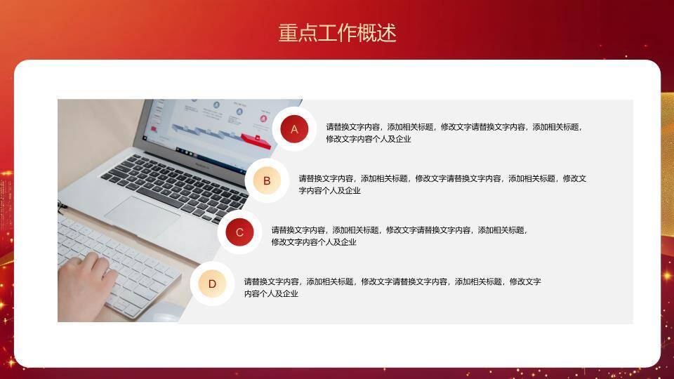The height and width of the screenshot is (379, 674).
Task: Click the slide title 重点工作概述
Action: pyautogui.click(x=337, y=33)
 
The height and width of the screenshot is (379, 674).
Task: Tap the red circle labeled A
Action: pyautogui.click(x=294, y=129)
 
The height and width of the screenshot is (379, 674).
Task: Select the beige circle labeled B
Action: pyautogui.click(x=267, y=181)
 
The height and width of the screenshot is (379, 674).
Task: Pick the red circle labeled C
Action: pyautogui.click(x=239, y=232)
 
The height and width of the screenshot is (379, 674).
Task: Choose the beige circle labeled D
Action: pyautogui.click(x=212, y=284)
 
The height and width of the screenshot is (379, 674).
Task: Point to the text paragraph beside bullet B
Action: pyautogui.click(x=442, y=184)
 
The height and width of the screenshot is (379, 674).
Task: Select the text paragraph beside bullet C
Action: pyautogui.click(x=399, y=236)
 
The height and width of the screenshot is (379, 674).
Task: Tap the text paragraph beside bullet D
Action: pyautogui.click(x=392, y=287)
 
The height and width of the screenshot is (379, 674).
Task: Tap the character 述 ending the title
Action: pyautogui.click(x=387, y=33)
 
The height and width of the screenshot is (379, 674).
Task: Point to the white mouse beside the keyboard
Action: pyautogui.click(x=167, y=314)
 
